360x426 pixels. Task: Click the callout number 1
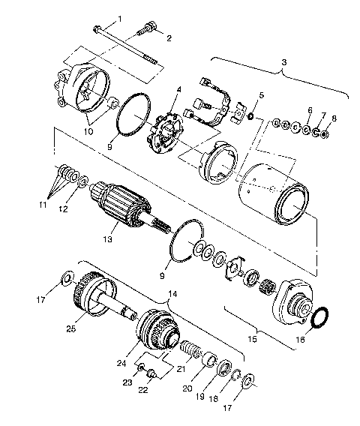click(x=118, y=17)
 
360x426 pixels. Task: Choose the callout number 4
click(x=178, y=91)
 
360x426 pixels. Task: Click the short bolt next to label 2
click(x=145, y=32)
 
